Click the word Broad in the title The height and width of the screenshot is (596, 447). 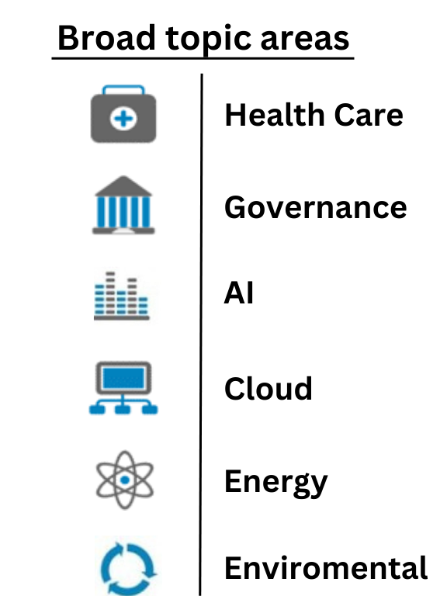[106, 38]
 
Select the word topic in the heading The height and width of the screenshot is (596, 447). [208, 40]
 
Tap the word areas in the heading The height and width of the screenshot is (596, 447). [305, 40]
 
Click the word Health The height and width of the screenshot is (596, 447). [275, 115]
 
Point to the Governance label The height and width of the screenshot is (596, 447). [316, 207]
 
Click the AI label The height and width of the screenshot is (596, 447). [239, 293]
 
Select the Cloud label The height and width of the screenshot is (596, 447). [269, 388]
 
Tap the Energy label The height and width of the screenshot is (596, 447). [276, 483]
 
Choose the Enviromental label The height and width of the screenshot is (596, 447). [326, 568]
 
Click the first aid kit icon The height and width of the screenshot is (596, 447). [123, 114]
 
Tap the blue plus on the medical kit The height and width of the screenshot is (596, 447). [123, 119]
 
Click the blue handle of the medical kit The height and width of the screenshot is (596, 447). [123, 91]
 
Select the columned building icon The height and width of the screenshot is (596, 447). [123, 205]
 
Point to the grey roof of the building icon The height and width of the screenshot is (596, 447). [123, 186]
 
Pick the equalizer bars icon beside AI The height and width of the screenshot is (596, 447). [122, 296]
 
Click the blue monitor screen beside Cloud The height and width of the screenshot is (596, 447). [123, 378]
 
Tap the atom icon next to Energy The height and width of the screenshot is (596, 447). [125, 480]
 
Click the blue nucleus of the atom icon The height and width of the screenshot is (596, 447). [125, 480]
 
